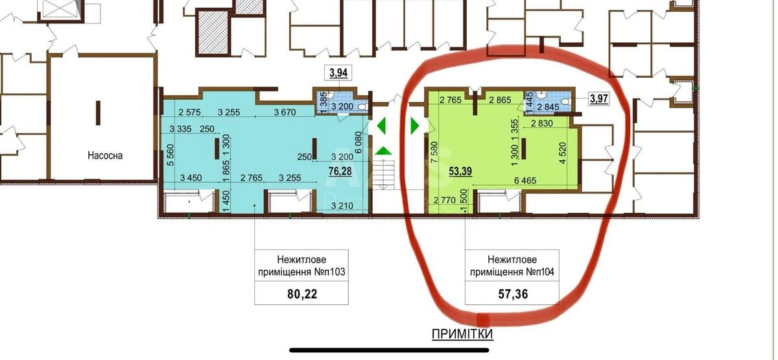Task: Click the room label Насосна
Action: coord(105,155)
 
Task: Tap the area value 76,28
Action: coord(340,171)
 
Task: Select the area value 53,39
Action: coord(460,171)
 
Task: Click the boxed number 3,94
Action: coord(338,73)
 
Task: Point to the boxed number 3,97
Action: coord(599,99)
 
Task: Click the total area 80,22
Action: coord(302,294)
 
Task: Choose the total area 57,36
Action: coord(513,294)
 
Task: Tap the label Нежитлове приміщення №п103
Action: coord(301,265)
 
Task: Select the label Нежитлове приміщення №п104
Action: coord(512,265)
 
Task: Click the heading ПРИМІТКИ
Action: coord(462,334)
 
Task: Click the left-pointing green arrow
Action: coord(381,125)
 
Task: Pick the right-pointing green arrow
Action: coord(415,125)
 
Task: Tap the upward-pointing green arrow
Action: coord(383,150)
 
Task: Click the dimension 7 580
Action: coord(434,152)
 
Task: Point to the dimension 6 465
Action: coord(525,180)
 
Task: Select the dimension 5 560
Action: coord(170,155)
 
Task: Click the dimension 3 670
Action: coord(285,112)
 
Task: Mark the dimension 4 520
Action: coord(563,152)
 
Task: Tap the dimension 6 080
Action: coord(359,142)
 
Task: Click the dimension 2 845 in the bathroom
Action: coord(548,107)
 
